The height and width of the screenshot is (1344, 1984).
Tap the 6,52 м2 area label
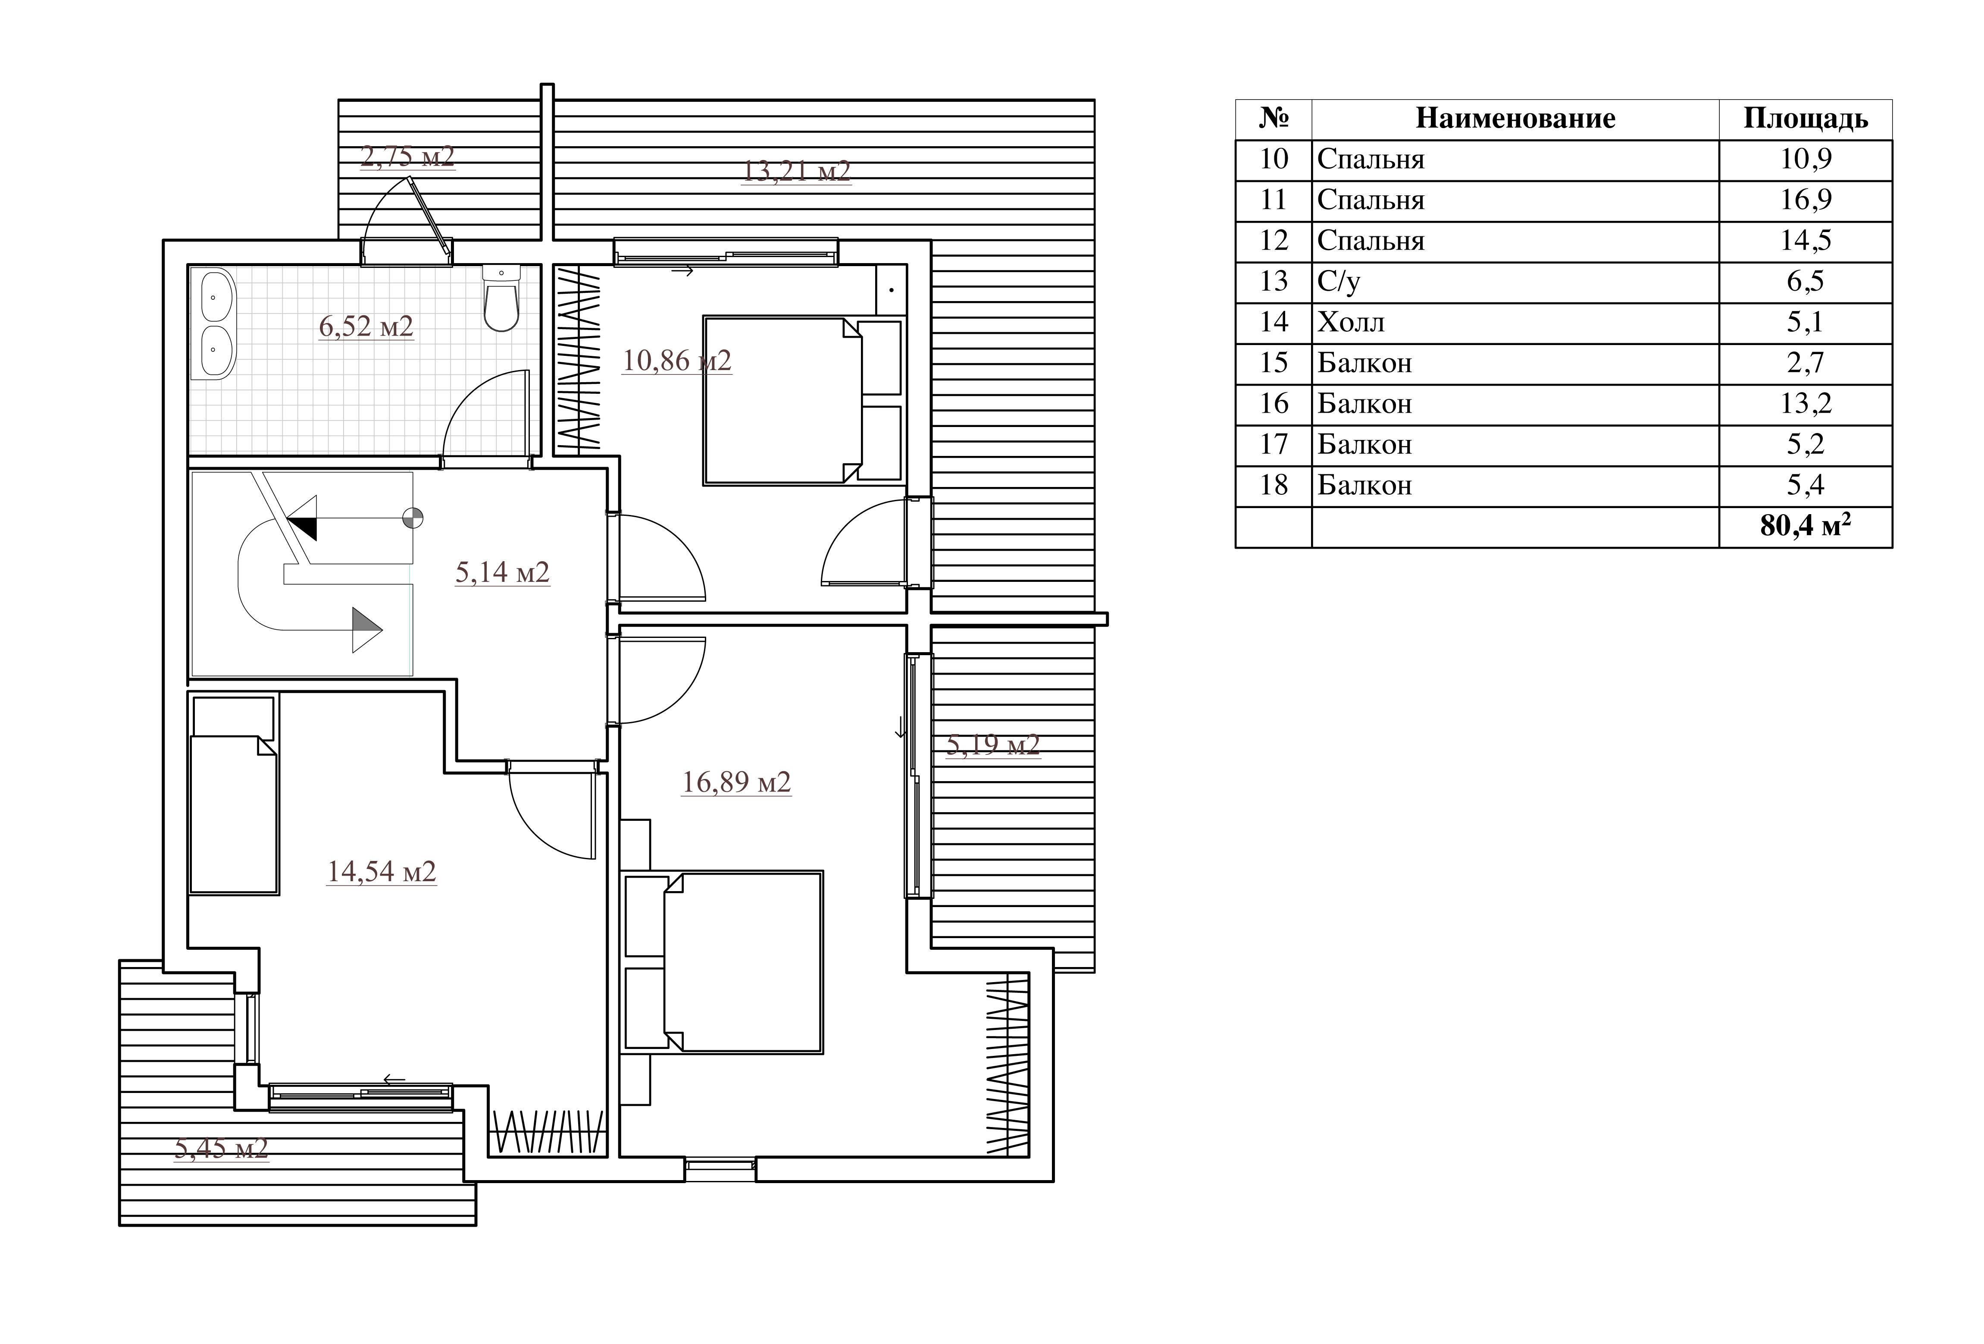tap(366, 326)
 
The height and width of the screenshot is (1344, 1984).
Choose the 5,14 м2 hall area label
tap(502, 572)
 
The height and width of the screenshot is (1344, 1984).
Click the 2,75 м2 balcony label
tap(407, 156)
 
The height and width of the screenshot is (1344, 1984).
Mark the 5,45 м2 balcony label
tap(222, 1148)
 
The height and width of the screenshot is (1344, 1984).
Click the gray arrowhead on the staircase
tap(367, 630)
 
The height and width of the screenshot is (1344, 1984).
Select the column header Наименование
tap(1515, 119)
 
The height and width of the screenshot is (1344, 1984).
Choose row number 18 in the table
tap(1274, 485)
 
